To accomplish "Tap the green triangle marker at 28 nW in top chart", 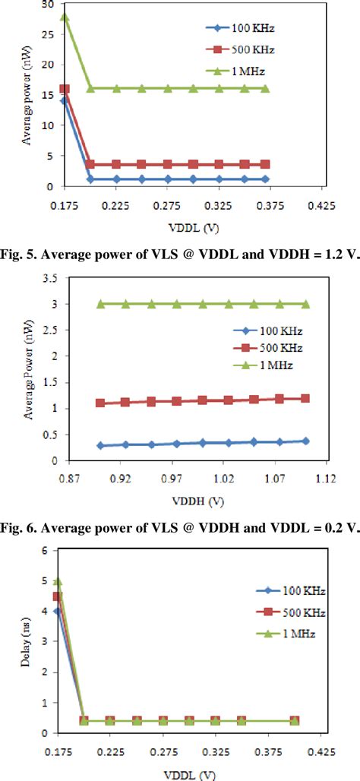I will coord(65,16).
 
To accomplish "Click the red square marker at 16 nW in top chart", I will coord(65,89).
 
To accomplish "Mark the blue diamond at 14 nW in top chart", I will coord(65,100).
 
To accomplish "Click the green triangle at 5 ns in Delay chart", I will coord(58,582).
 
